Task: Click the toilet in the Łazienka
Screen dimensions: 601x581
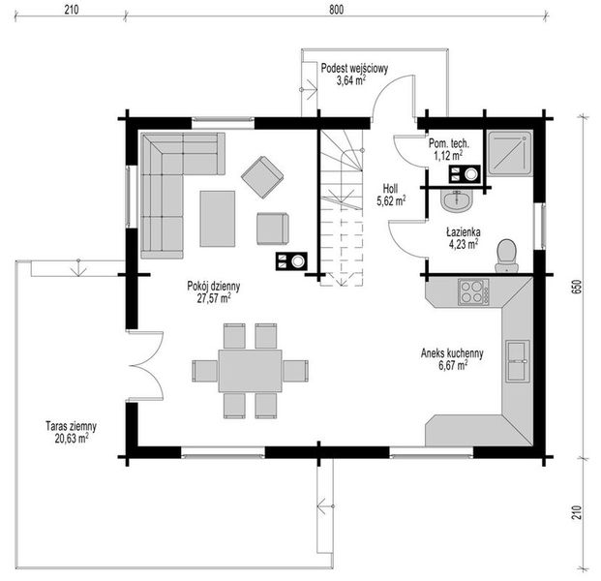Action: [x=506, y=255]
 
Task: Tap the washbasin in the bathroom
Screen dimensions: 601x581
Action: [x=457, y=199]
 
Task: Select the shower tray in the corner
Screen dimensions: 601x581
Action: [x=510, y=153]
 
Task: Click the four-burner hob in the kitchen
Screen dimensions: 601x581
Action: [x=473, y=291]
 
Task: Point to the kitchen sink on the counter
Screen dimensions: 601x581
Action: [x=518, y=361]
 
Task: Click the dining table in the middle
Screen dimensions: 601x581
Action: [x=251, y=371]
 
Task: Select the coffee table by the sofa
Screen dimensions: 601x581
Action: [x=218, y=219]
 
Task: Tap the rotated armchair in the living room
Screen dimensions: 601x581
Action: [x=262, y=177]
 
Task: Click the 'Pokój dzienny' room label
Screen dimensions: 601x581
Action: [x=214, y=286]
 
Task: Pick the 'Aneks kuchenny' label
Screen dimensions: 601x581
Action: [x=452, y=352]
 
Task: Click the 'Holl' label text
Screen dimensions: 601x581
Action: [x=390, y=188]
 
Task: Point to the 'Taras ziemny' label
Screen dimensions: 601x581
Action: [x=71, y=426]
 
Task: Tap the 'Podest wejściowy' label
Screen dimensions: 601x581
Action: [x=354, y=68]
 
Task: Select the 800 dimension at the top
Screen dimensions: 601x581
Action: [x=336, y=10]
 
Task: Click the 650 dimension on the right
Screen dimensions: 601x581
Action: [x=577, y=287]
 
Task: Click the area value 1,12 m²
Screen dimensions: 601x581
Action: [x=448, y=155]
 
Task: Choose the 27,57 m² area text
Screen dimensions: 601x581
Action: [x=214, y=298]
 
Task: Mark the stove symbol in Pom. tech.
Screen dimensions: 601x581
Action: [x=465, y=174]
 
